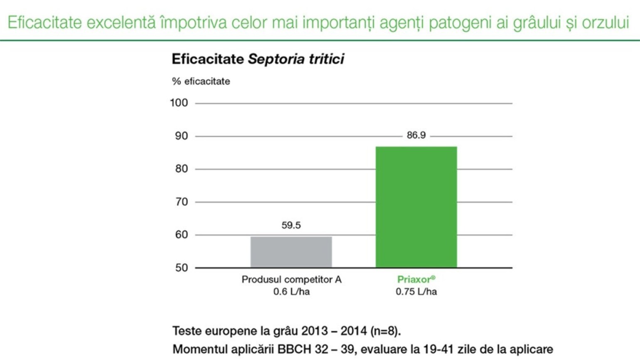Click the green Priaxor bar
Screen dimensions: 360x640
tap(416, 207)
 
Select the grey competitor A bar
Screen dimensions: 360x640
tap(291, 252)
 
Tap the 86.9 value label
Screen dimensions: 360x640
tap(416, 135)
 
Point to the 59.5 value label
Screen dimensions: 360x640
tap(291, 225)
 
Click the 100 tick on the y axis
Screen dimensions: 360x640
tap(179, 103)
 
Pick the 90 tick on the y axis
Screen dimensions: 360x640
tap(181, 136)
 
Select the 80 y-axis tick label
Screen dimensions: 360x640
tap(181, 169)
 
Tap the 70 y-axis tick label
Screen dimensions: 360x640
tap(181, 202)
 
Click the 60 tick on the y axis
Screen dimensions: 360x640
tap(181, 235)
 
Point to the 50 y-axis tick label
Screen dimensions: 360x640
tap(181, 268)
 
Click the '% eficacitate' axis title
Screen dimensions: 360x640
tap(201, 81)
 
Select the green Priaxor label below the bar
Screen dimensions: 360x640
tap(416, 279)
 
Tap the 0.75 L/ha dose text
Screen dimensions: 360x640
tap(416, 292)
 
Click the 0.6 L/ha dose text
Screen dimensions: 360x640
tap(291, 292)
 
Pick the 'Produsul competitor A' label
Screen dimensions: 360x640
tap(291, 279)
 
